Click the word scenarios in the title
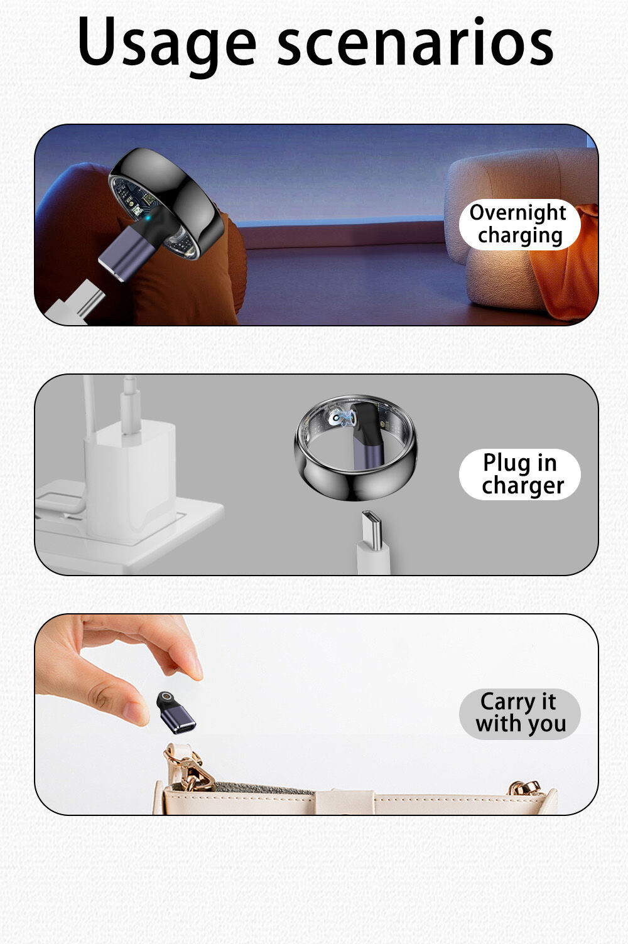pos(415,41)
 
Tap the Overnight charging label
pos(519,224)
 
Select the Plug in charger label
pos(519,474)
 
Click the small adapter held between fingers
pos(175,712)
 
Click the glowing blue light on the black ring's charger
pos(146,218)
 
